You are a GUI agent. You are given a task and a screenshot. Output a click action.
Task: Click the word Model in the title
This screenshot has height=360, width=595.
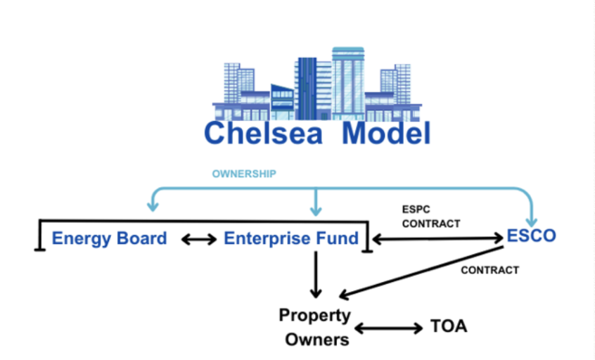point(386,133)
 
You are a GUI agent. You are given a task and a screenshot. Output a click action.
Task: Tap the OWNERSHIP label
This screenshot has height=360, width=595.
point(244,173)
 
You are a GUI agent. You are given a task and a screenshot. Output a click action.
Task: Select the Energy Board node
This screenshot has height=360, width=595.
point(109,238)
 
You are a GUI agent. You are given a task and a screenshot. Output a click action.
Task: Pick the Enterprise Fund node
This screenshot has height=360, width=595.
point(291,238)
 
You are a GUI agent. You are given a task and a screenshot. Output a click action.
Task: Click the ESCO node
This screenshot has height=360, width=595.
point(531,236)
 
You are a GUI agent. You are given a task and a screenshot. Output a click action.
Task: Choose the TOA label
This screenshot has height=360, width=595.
point(448,326)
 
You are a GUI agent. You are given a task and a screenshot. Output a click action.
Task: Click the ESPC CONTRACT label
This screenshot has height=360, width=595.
point(431,217)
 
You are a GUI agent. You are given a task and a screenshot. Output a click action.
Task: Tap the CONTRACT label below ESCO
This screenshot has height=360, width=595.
point(490,269)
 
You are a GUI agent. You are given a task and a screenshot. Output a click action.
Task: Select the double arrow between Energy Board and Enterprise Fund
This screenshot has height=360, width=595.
point(199,239)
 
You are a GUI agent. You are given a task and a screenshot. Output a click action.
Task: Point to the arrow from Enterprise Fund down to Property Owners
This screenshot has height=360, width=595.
point(316,274)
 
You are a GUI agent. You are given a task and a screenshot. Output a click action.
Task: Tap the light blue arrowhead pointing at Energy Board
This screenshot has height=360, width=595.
point(151,206)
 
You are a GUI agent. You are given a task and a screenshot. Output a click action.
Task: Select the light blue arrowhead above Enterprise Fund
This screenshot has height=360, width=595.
point(316,210)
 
